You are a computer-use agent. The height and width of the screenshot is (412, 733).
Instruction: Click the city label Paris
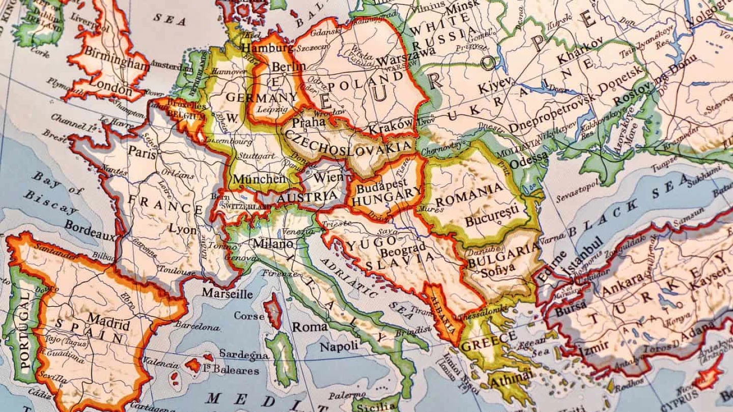click(142, 151)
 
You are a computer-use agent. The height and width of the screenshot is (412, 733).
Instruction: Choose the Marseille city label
click(228, 293)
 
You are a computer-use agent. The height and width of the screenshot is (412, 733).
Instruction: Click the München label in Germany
click(259, 179)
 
